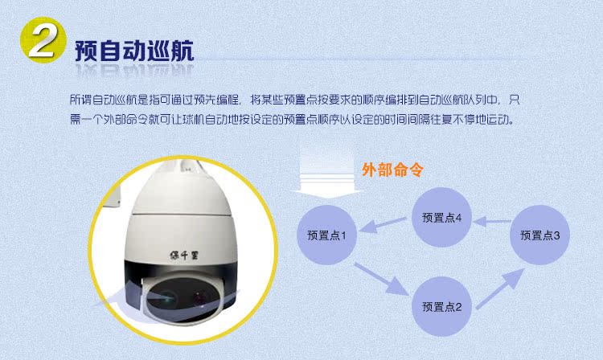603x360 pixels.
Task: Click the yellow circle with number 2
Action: point(43,39)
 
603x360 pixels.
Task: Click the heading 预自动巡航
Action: point(134,51)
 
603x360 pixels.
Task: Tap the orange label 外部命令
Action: point(392,170)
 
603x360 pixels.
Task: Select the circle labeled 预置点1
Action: point(326,235)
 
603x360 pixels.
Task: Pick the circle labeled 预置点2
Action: point(441,306)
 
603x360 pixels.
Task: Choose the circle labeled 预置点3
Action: point(539,235)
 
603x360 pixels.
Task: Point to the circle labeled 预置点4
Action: point(441,217)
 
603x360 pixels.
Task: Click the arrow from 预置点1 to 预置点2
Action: point(381,279)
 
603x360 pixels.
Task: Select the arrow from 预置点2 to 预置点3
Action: point(500,288)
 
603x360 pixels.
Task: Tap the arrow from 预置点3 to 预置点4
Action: point(491,221)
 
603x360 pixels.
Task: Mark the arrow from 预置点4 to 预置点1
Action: point(383,225)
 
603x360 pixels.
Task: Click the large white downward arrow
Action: point(327,172)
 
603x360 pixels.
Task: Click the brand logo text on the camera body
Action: point(184,255)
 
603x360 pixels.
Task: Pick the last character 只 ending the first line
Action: point(515,100)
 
